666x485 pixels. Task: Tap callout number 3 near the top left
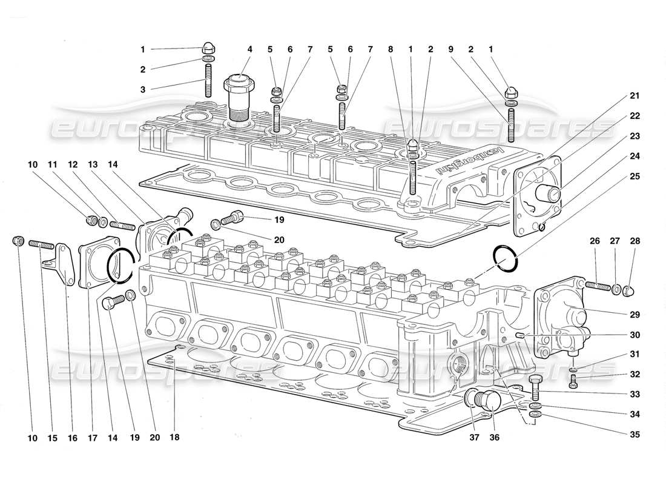142,89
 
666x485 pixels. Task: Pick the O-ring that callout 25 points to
506,259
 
